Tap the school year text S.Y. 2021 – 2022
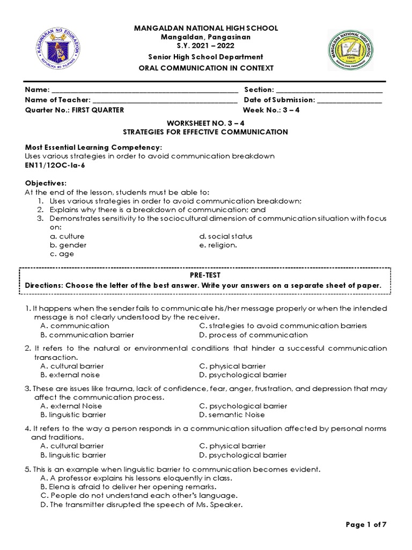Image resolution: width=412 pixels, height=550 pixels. point(205,46)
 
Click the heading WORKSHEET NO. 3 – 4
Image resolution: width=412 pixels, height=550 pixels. point(205,122)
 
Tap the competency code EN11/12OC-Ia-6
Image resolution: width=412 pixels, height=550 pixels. point(55,165)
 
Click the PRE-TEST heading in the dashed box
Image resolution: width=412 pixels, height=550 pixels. point(205,274)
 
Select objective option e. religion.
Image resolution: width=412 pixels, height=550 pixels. point(217,245)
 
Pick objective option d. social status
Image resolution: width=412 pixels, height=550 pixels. point(225,236)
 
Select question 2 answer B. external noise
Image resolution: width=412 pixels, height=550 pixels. point(70,375)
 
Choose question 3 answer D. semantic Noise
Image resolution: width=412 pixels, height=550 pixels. point(232,415)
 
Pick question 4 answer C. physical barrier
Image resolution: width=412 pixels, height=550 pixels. point(232,446)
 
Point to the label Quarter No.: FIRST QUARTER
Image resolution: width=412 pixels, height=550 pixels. point(75,110)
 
